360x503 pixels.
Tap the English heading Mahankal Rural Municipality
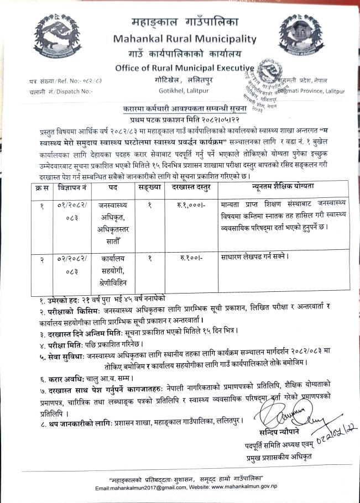[x=185, y=39]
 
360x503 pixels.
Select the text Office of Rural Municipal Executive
[x=185, y=69]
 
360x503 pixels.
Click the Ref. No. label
[x=54, y=81]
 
